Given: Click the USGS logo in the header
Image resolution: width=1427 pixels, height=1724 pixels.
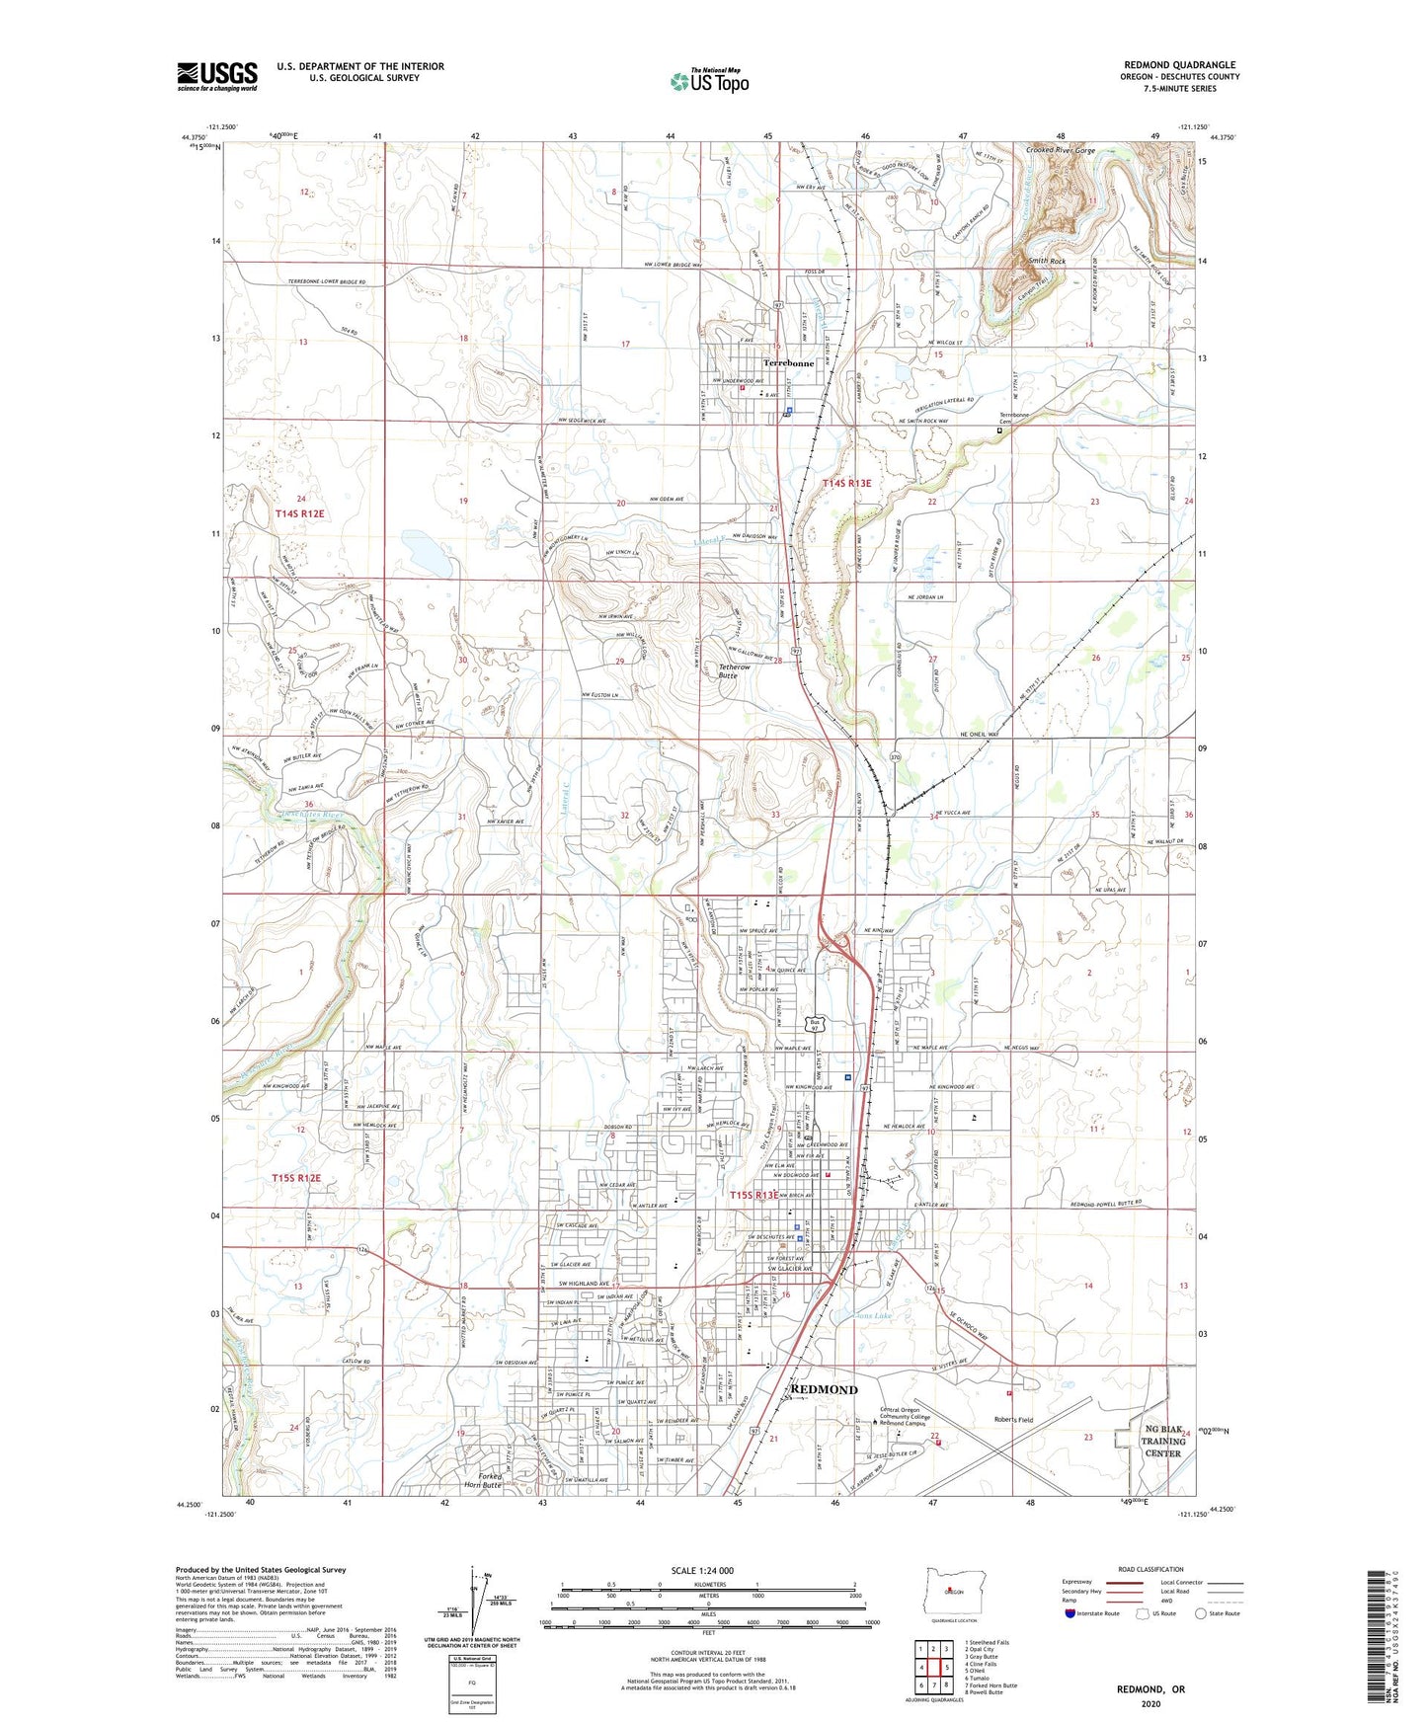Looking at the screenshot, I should [217, 76].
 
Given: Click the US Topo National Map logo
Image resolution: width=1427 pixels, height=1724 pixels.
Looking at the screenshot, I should [709, 81].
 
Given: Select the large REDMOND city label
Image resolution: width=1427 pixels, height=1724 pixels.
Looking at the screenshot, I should [825, 1389].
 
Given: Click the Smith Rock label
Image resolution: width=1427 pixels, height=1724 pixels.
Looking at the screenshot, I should [1047, 261].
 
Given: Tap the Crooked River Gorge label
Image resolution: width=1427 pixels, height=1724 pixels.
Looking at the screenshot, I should [1060, 151].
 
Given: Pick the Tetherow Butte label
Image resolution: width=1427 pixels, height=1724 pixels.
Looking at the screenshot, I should [734, 671].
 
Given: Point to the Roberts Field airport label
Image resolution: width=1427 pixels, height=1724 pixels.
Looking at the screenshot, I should [1013, 1420].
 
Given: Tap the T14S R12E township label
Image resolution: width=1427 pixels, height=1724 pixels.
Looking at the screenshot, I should [299, 514].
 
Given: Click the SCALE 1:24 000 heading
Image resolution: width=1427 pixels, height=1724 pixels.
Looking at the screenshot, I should [702, 1570].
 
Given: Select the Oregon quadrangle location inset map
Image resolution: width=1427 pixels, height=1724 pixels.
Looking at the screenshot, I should [953, 1593].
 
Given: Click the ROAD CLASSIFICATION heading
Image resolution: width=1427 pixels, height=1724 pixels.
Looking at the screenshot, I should [1151, 1569].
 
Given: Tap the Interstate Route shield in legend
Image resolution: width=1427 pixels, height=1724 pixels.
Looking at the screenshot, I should [1070, 1613].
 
